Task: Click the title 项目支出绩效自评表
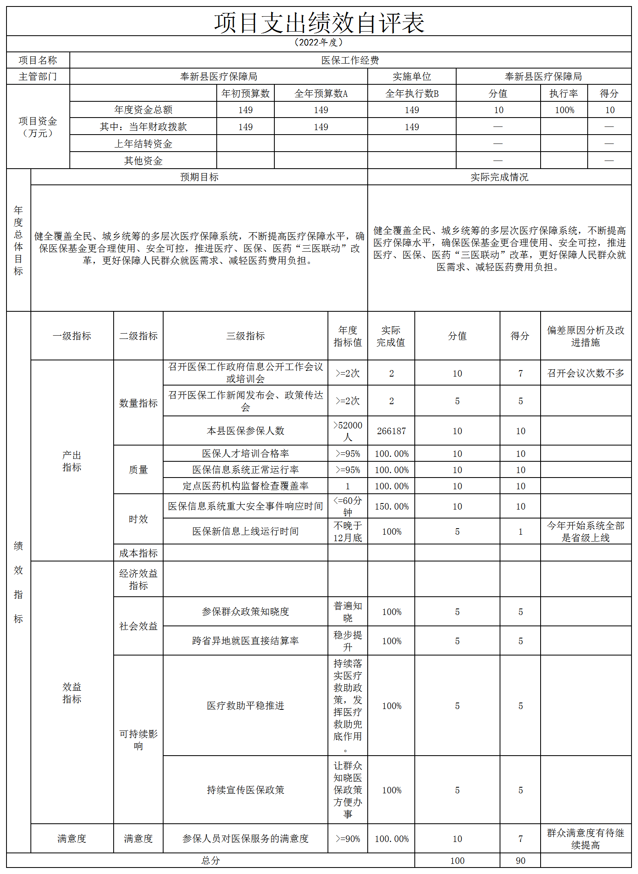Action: click(x=319, y=23)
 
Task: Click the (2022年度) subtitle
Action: click(x=319, y=43)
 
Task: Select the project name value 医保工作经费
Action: click(x=350, y=60)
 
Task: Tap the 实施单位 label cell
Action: click(x=412, y=77)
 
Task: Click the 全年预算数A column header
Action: click(x=321, y=94)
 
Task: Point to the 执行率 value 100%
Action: click(x=564, y=110)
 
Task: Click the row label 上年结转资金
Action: click(x=143, y=144)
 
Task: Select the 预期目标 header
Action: click(x=199, y=177)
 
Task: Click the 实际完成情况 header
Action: click(x=499, y=177)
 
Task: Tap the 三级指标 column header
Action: click(x=245, y=336)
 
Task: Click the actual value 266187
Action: click(x=391, y=431)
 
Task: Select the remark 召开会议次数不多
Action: click(x=585, y=373)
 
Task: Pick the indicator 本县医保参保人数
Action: click(x=245, y=431)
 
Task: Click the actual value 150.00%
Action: click(x=391, y=506)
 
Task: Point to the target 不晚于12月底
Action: click(x=347, y=531)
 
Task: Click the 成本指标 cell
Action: click(x=138, y=553)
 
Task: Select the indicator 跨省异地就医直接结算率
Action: click(x=245, y=641)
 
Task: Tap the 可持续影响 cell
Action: click(x=138, y=739)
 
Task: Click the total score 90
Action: click(x=520, y=861)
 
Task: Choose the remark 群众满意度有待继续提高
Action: click(x=585, y=839)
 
